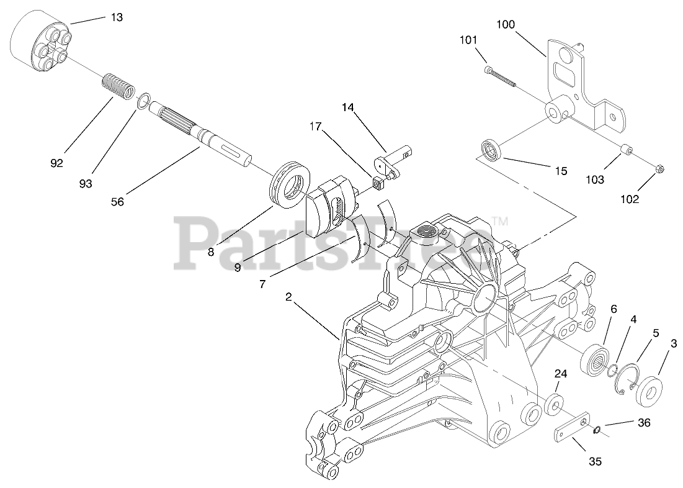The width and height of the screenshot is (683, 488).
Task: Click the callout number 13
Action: (x=117, y=17)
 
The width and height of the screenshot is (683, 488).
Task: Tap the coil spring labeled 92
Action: (x=117, y=86)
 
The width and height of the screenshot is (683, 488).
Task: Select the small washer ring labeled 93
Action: (x=143, y=101)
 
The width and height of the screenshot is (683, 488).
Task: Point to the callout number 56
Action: (x=117, y=202)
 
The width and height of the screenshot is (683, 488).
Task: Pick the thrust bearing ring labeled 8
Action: (x=290, y=181)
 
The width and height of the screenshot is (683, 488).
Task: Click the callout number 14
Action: (x=347, y=107)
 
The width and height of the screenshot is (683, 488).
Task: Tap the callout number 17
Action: (x=316, y=126)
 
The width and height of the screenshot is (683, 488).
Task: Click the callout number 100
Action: (x=506, y=25)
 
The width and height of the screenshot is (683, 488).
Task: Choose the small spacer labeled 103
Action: (x=627, y=151)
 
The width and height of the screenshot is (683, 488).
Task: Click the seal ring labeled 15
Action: (x=491, y=151)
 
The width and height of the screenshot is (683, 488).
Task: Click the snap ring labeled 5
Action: (x=630, y=378)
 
